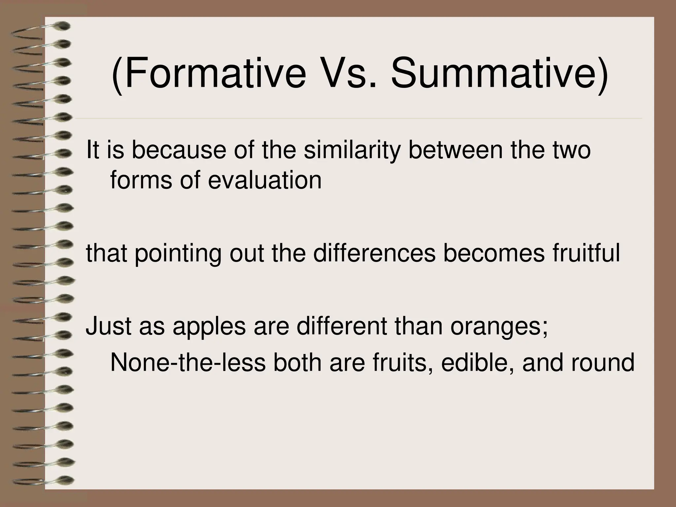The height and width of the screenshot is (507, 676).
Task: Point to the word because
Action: click(x=180, y=150)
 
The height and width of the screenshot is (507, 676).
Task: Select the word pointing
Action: click(x=178, y=254)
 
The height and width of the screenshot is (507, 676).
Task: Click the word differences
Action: click(x=374, y=253)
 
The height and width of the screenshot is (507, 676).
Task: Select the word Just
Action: click(x=109, y=326)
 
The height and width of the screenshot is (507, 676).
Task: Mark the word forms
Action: click(x=141, y=181)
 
